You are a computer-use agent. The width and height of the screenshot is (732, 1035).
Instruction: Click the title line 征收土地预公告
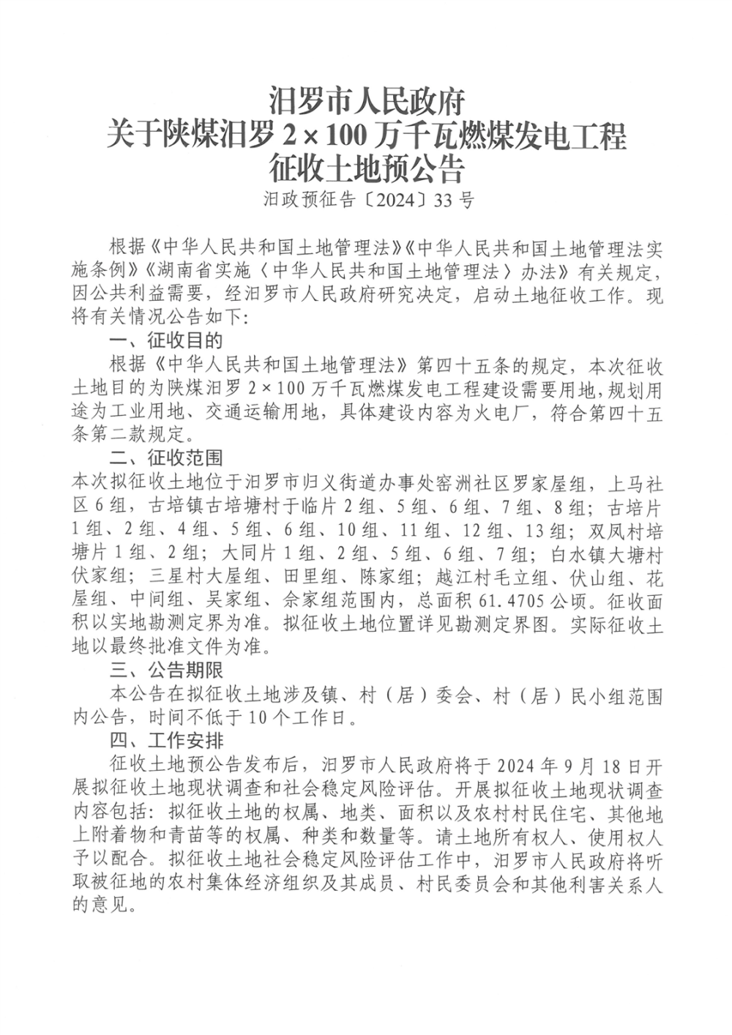tap(366, 169)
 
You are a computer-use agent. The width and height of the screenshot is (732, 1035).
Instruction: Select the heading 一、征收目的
tap(165, 340)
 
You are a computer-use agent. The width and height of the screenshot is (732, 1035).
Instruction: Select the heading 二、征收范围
tap(165, 460)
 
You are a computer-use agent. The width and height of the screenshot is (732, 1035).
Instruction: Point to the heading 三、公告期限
tap(165, 670)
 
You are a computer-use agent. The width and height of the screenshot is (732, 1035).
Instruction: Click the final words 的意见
tap(103, 908)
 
